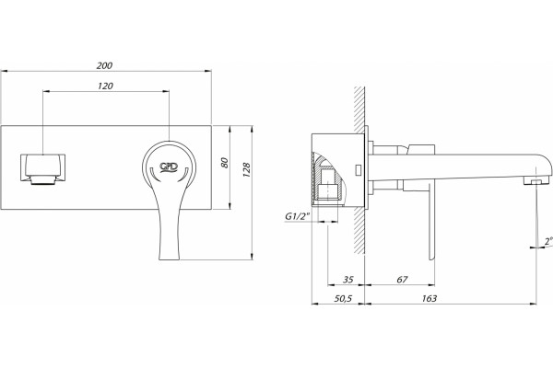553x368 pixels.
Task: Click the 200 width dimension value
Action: (104, 66)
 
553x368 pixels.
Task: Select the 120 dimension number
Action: (105, 86)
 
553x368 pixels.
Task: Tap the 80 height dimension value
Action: (225, 163)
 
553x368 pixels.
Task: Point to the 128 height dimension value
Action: (246, 169)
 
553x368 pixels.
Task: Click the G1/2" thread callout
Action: (297, 216)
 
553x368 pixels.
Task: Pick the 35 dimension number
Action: (348, 280)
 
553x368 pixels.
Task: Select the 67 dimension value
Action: (402, 280)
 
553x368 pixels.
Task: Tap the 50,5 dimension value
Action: (343, 299)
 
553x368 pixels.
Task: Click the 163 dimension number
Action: (429, 299)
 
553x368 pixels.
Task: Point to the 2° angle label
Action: (548, 241)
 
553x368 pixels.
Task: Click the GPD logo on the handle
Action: (169, 167)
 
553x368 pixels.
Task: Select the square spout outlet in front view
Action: (43, 169)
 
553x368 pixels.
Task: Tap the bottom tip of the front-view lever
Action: (170, 259)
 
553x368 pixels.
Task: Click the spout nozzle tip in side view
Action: (536, 181)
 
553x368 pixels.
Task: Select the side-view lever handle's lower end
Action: (431, 258)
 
